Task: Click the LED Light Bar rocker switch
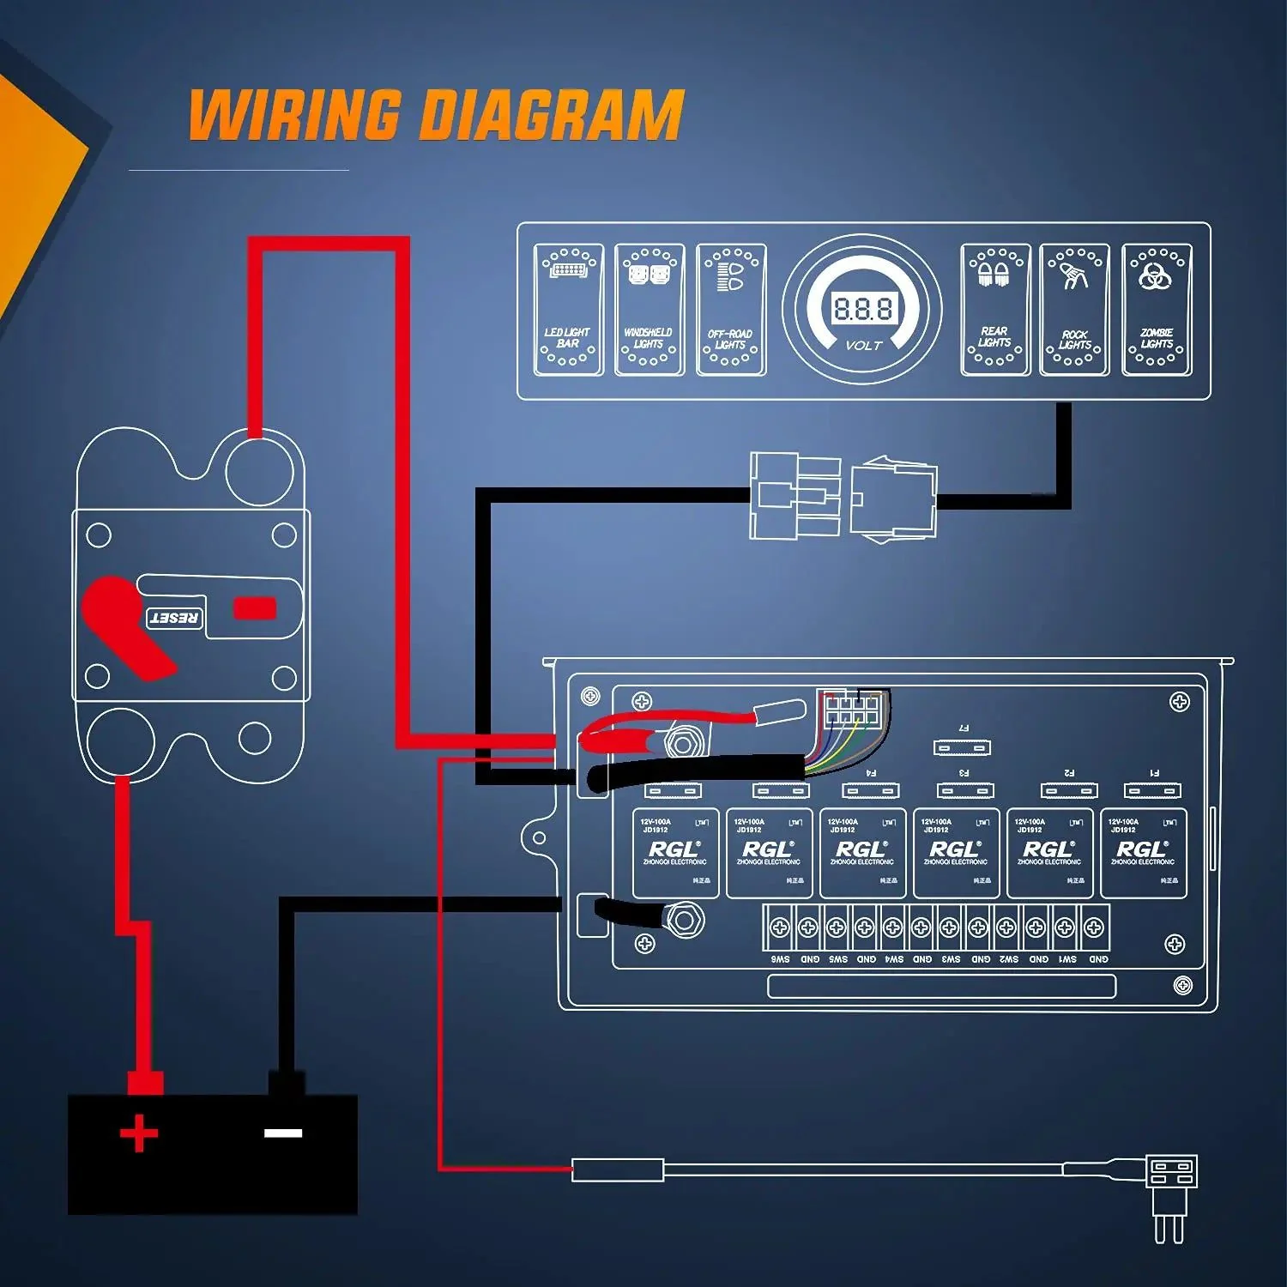pos(568,310)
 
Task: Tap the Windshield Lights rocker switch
pos(650,310)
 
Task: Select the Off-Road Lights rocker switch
pos(731,310)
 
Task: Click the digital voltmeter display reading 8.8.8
pos(862,309)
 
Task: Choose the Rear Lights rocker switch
pos(994,310)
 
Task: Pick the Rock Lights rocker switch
pos(1074,310)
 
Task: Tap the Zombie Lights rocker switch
pos(1157,310)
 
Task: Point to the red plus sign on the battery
pos(139,1133)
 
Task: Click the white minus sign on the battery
pos(283,1133)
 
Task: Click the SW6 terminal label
pos(780,959)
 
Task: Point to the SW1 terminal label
pos(1067,959)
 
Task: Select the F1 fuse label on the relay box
pos(1154,773)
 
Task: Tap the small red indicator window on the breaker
pos(255,608)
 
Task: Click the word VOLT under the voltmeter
pos(863,346)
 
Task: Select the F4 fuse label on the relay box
pos(871,773)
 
